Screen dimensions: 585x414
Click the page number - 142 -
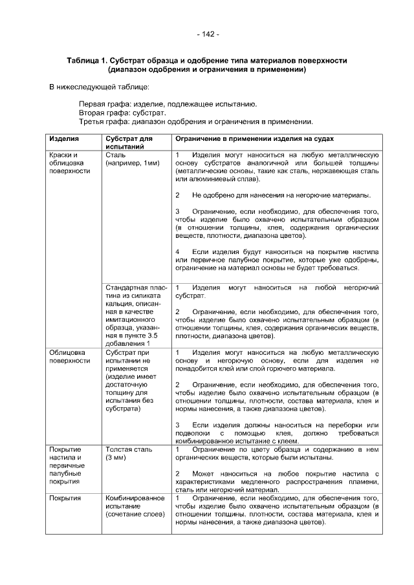[x=207, y=34]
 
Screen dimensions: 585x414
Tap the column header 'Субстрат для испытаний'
[x=128, y=143]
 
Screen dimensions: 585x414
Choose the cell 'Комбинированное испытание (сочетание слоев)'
[x=135, y=507]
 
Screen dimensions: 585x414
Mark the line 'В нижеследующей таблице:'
[x=100, y=87]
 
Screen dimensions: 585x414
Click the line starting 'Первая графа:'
[x=168, y=103]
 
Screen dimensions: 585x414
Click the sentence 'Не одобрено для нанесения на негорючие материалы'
[x=281, y=195]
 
